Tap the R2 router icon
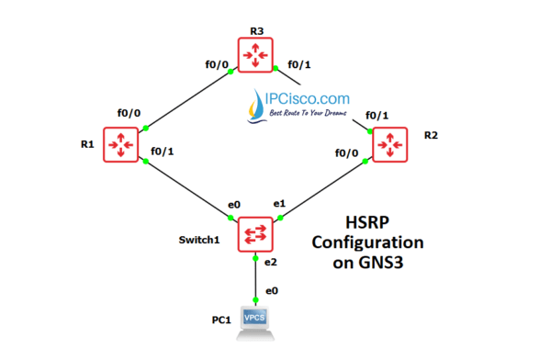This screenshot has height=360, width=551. tap(390, 145)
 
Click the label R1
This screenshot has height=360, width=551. tap(86, 144)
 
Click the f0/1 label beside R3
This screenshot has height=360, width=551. tap(299, 65)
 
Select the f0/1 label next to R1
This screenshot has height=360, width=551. tap(162, 152)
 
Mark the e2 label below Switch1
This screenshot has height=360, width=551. tap(273, 263)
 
